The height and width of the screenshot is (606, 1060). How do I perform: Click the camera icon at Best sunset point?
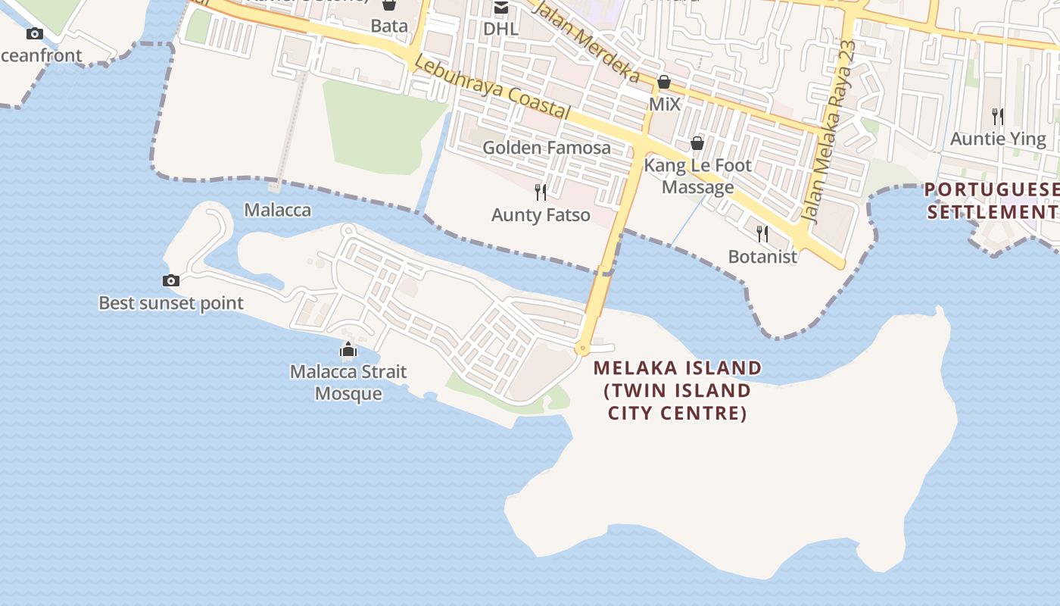click(x=171, y=281)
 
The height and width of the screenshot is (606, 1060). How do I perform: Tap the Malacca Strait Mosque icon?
click(x=348, y=350)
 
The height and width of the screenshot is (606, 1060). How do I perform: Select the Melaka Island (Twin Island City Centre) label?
click(x=678, y=390)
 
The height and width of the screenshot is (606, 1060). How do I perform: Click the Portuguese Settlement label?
click(x=992, y=201)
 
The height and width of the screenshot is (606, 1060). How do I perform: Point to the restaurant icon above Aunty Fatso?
click(x=541, y=192)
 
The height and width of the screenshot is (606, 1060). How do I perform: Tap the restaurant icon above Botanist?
click(x=762, y=233)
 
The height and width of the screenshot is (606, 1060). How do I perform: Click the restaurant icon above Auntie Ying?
click(x=998, y=117)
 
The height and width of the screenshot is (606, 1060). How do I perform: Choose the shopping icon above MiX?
click(x=664, y=82)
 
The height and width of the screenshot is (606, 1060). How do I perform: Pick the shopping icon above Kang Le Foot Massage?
click(x=697, y=143)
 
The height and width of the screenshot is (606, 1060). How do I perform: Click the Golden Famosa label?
click(x=547, y=148)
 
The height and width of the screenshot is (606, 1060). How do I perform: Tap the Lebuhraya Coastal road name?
click(x=492, y=89)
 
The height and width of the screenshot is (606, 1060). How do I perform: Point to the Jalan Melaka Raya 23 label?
click(x=829, y=132)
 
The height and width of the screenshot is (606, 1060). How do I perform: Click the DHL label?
click(x=500, y=29)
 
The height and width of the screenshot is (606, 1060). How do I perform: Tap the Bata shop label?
click(x=389, y=26)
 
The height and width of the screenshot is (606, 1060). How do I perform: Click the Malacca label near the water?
click(x=277, y=210)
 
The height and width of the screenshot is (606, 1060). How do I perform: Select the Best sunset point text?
click(x=171, y=304)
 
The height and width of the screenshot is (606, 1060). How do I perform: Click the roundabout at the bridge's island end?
click(x=582, y=349)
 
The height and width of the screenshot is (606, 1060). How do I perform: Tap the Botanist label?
click(x=762, y=257)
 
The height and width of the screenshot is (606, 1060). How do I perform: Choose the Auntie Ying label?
click(x=998, y=139)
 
